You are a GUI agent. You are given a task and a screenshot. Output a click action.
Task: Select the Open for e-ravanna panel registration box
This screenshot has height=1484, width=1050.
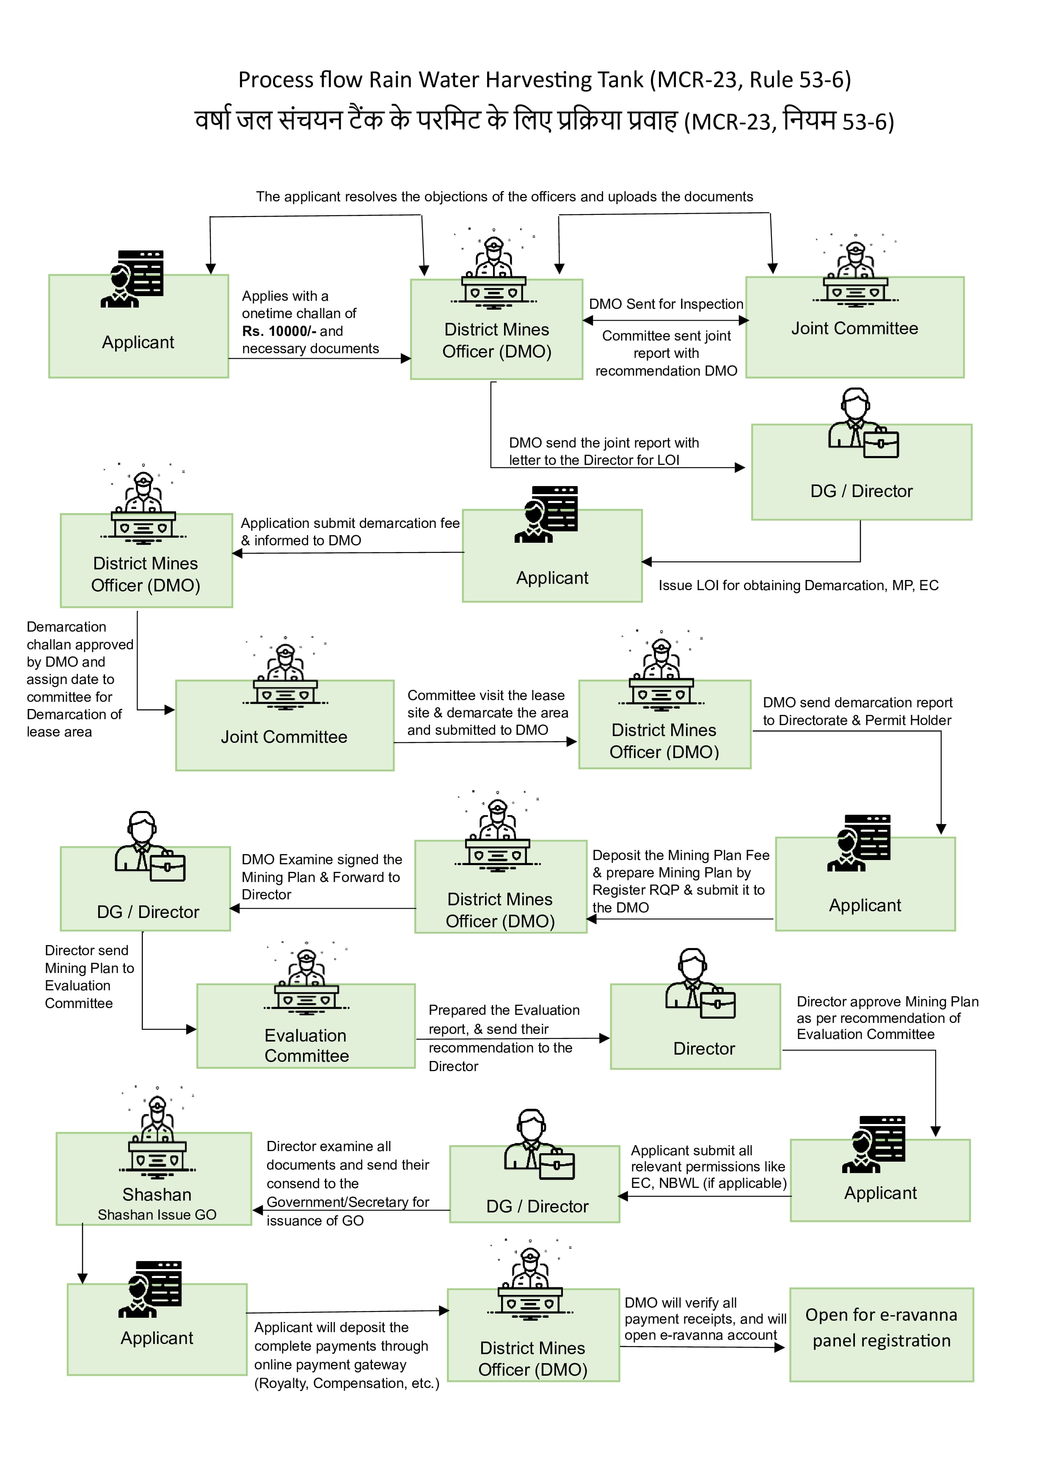click(x=881, y=1335)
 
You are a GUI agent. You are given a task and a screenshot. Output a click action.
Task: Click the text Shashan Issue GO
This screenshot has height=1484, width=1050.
click(x=157, y=1215)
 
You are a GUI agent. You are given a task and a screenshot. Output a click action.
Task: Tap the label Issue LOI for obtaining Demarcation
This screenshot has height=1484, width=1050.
click(x=798, y=585)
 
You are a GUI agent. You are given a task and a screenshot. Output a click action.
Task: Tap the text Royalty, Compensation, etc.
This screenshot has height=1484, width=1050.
click(x=347, y=1383)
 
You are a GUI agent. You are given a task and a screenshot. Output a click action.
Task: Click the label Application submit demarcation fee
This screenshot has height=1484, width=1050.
click(x=349, y=531)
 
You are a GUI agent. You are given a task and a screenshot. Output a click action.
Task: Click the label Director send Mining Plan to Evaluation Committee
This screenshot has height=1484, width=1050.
click(x=88, y=977)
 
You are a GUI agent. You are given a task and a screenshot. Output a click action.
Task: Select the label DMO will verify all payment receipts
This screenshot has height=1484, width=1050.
click(x=704, y=1319)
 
